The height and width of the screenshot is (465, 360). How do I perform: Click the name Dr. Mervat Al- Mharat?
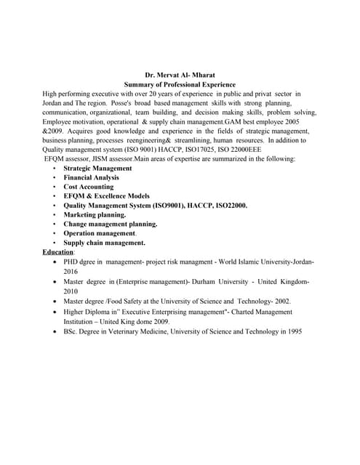tap(180, 75)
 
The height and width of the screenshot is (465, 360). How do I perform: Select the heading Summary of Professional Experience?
tap(180, 84)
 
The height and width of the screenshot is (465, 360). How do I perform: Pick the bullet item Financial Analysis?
tap(91, 177)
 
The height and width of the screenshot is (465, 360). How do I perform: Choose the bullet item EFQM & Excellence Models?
tap(106, 196)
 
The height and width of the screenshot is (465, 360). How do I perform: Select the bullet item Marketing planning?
tap(95, 215)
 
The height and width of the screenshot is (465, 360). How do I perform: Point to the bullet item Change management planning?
tap(110, 225)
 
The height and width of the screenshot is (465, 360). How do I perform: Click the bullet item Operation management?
tap(99, 234)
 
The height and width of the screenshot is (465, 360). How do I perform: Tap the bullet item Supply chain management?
tap(104, 243)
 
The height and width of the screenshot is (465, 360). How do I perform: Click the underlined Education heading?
tap(58, 252)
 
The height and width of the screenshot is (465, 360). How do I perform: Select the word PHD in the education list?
tap(71, 262)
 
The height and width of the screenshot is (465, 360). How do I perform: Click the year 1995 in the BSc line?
tap(292, 331)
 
